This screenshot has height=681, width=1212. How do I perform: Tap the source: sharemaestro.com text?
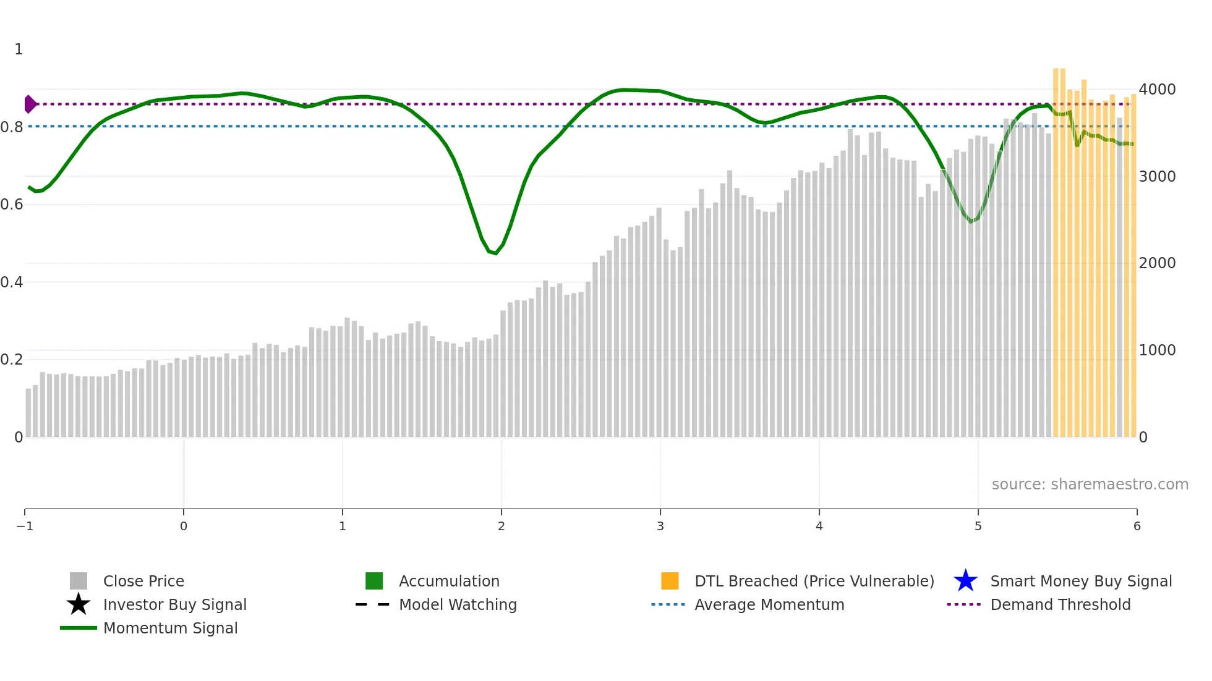click(x=1090, y=484)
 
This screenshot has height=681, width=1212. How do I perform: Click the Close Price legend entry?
click(x=143, y=582)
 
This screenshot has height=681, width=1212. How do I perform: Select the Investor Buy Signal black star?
click(x=79, y=604)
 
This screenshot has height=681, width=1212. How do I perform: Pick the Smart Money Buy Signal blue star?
click(x=965, y=581)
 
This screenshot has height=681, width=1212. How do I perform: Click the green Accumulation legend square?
click(x=374, y=581)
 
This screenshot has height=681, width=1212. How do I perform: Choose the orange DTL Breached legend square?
click(x=670, y=581)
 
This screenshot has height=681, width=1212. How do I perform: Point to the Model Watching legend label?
click(x=458, y=605)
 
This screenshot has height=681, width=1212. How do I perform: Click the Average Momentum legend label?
click(x=769, y=605)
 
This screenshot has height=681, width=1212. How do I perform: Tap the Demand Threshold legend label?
click(x=1060, y=605)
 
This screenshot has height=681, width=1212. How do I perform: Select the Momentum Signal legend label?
click(x=170, y=628)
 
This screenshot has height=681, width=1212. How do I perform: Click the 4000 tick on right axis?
click(x=1157, y=90)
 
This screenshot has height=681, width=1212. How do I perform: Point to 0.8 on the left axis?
click(x=12, y=127)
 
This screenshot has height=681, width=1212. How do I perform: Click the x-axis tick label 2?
click(x=501, y=527)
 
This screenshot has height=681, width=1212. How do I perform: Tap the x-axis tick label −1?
click(x=25, y=527)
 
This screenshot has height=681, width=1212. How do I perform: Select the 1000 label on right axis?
click(x=1157, y=350)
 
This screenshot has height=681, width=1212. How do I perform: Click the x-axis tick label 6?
click(x=1137, y=527)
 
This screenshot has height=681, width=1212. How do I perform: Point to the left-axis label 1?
click(x=19, y=49)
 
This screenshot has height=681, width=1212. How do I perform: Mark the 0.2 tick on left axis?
click(x=12, y=360)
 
